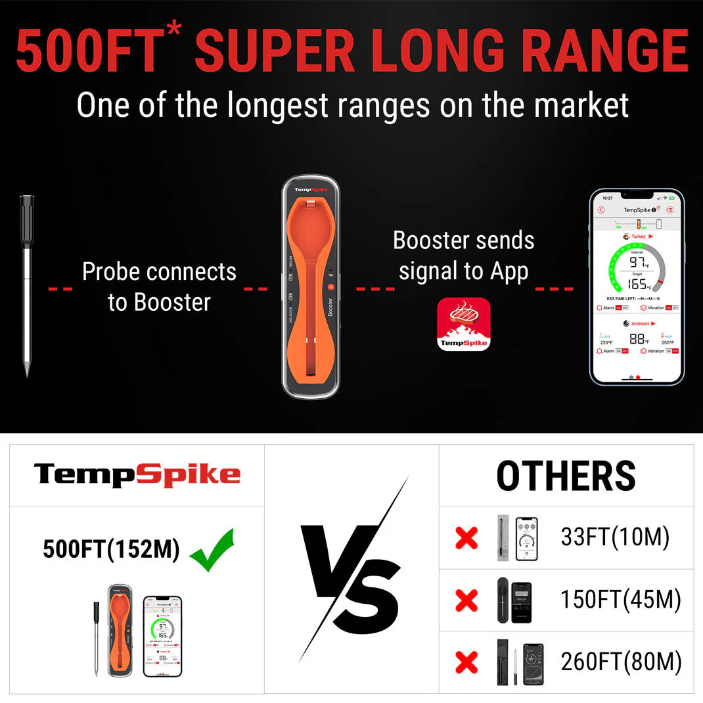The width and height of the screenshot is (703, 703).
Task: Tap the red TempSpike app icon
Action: [x=463, y=324]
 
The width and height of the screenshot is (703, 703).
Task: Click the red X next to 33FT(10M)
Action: [x=466, y=538]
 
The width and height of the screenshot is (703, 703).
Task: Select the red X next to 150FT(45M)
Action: [x=466, y=600]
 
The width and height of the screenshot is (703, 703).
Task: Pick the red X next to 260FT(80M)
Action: [x=466, y=662]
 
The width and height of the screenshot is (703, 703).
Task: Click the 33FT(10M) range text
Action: [x=615, y=537]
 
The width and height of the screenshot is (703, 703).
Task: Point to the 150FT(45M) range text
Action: [x=620, y=599]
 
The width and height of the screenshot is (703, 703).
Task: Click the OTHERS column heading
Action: [x=566, y=476]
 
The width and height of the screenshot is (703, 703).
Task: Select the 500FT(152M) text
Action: [x=111, y=549]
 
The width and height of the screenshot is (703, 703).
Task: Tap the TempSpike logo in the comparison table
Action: [x=137, y=474]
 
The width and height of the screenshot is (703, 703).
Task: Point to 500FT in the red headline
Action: [x=88, y=51]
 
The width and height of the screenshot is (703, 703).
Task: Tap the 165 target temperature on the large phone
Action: [x=637, y=284]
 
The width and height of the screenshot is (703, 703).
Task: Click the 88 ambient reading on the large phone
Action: [x=636, y=338]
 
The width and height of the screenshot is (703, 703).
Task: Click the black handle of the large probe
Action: [x=26, y=220]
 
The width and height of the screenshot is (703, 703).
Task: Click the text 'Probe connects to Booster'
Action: [x=159, y=286]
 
